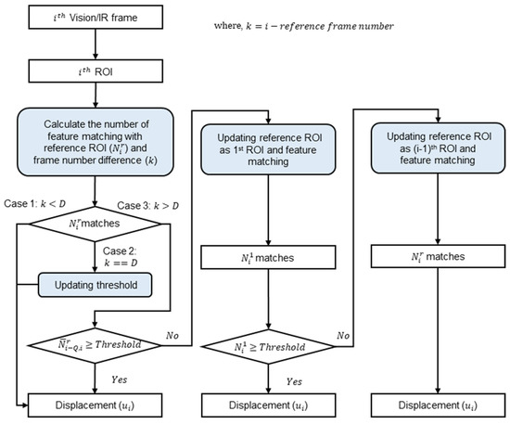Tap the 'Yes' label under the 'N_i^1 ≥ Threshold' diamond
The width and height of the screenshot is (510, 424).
pos(293,380)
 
